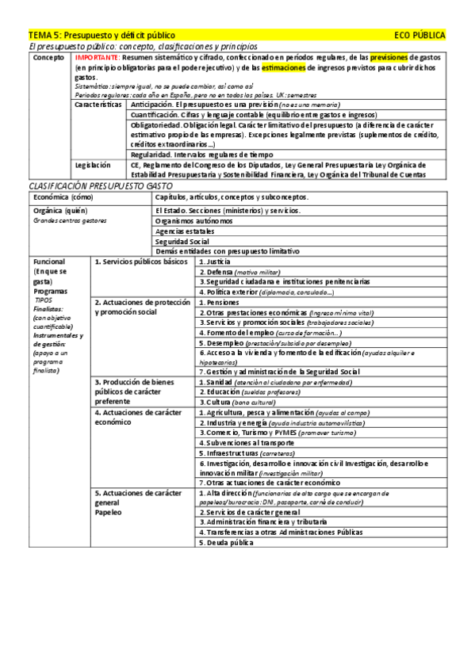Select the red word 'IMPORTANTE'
coord(97,59)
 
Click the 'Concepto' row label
coord(49,59)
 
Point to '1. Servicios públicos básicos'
coord(141,261)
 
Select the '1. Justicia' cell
coord(215,261)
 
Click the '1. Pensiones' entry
coord(219,302)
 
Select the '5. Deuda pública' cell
coord(226,543)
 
